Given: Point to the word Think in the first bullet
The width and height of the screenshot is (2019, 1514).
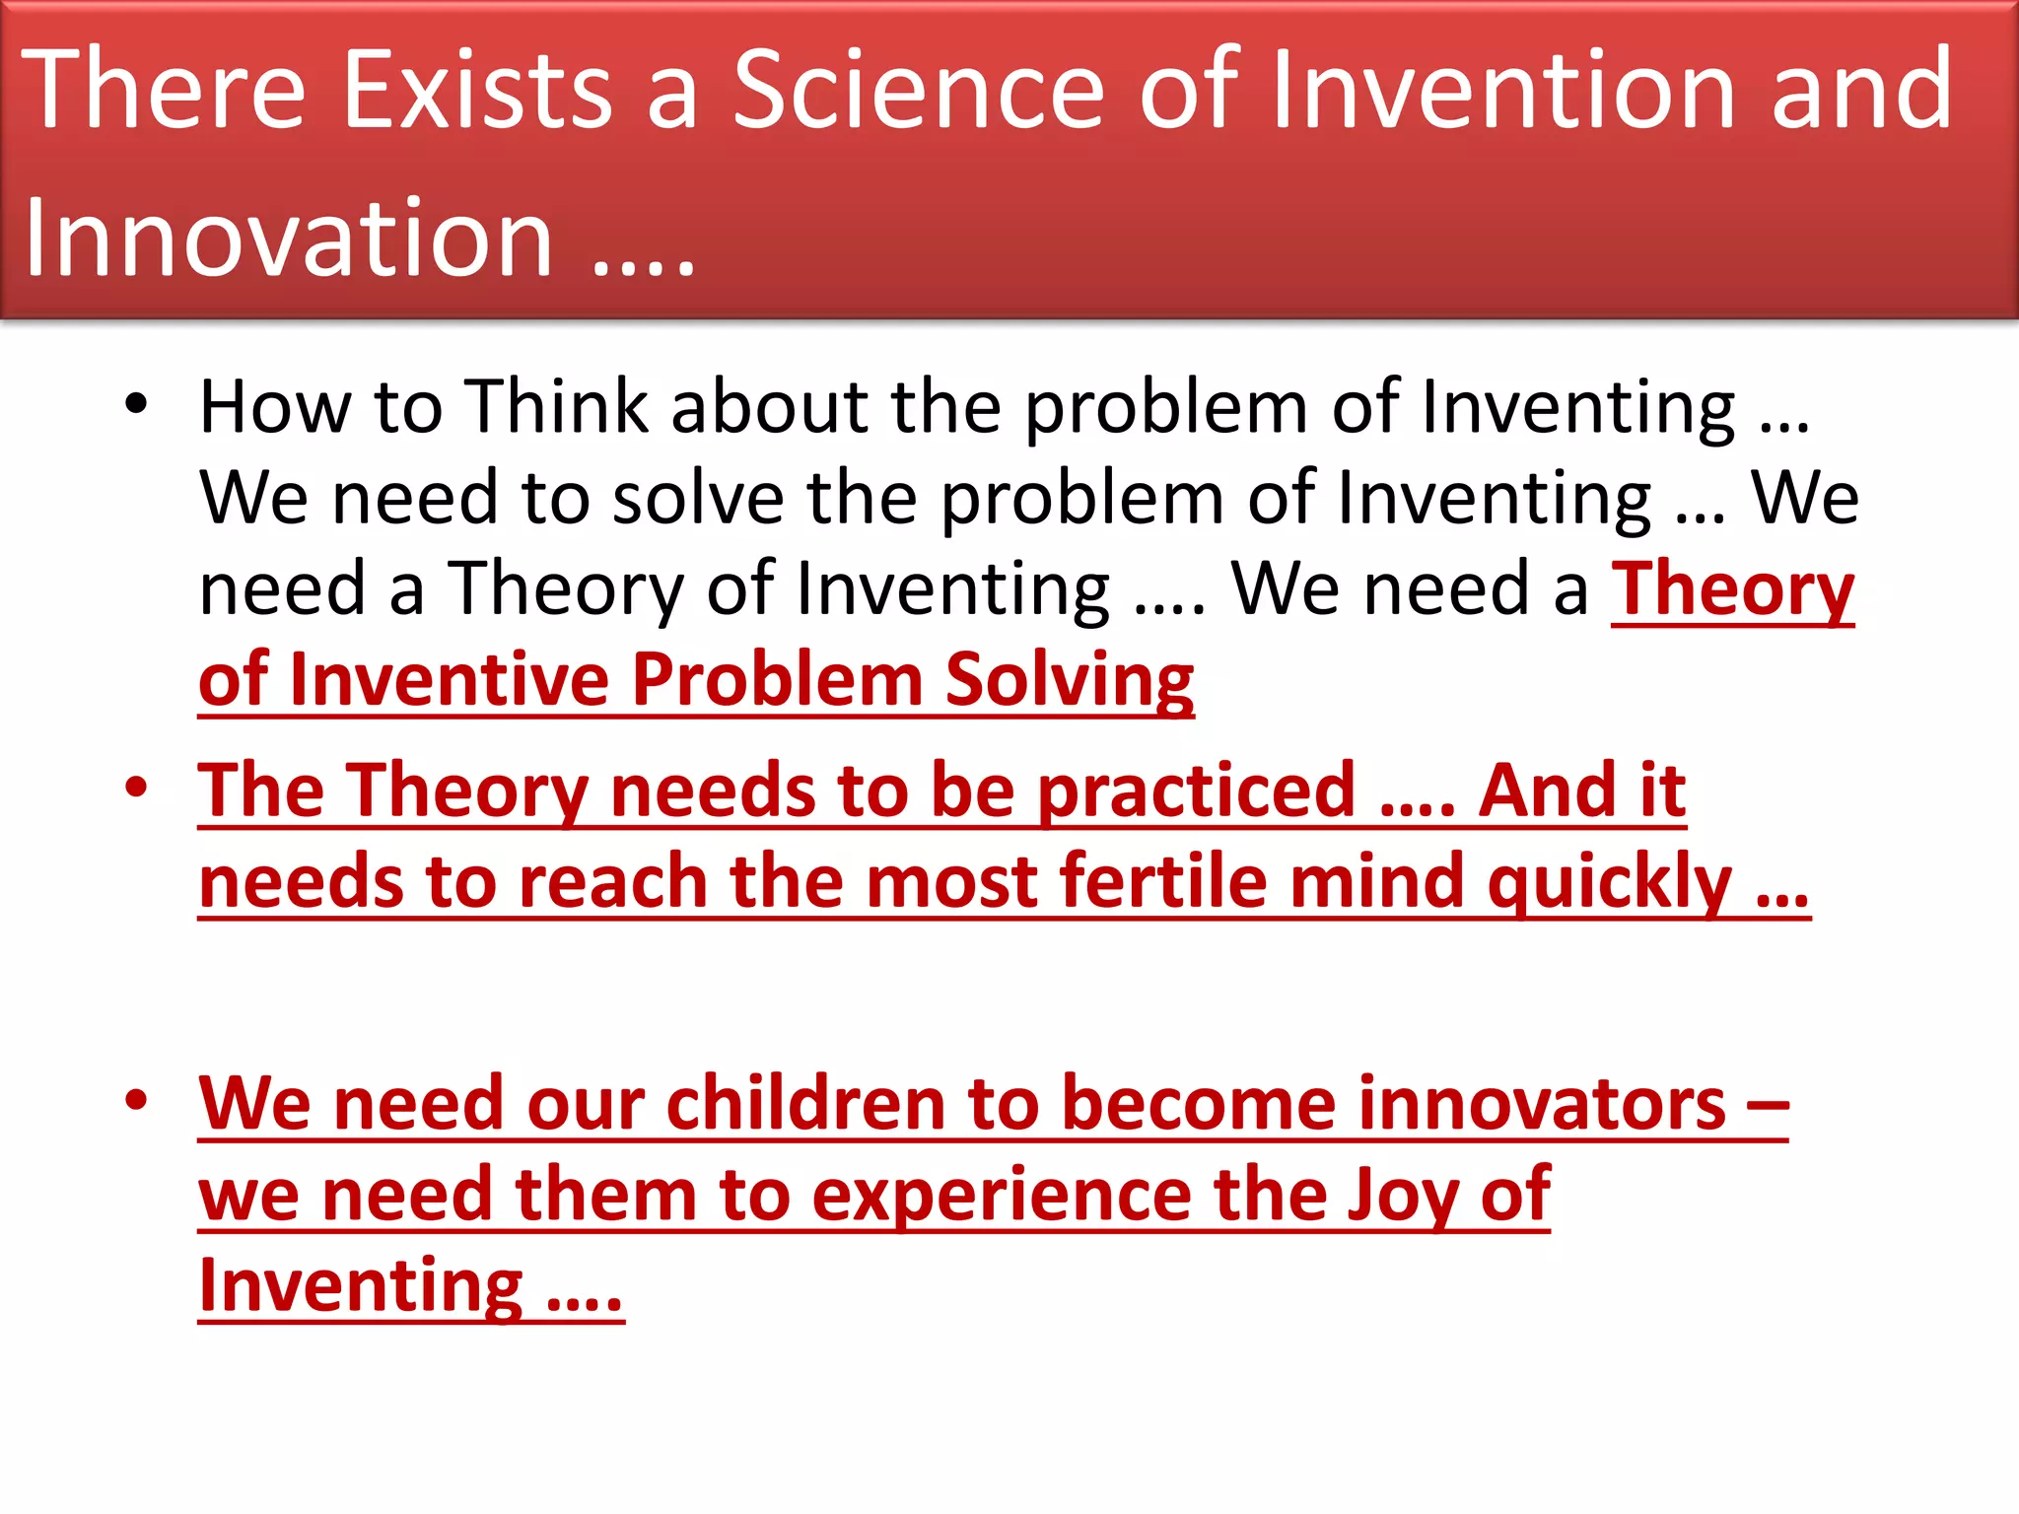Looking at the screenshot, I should [x=557, y=406].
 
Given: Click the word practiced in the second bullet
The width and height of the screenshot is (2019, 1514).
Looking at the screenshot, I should [x=1197, y=791].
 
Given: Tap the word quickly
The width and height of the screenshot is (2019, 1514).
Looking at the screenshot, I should [x=1609, y=883].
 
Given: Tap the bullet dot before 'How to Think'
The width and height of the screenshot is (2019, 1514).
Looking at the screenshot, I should [x=136, y=403].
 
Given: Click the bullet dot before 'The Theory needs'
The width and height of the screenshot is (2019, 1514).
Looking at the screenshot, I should [x=136, y=788].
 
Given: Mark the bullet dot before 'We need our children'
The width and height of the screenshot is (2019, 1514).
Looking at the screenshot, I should [x=136, y=1100].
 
